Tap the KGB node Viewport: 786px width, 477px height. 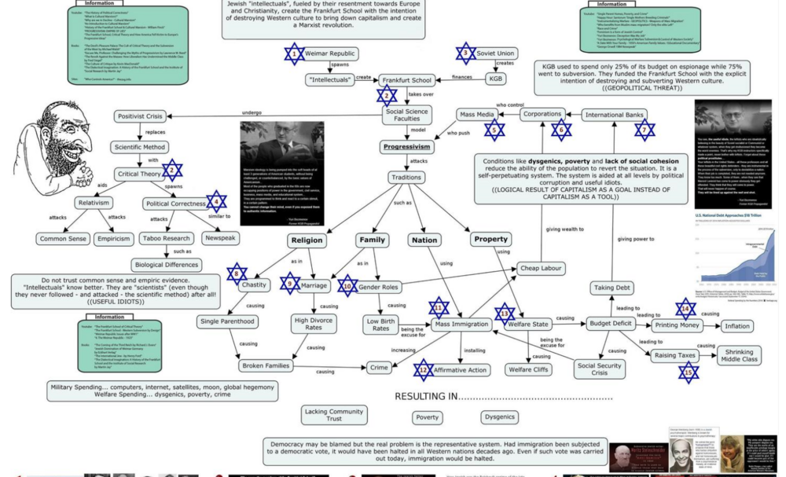[496, 79]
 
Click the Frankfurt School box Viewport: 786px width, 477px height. [407, 80]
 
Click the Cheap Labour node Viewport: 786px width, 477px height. [542, 268]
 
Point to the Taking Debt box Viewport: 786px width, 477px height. [614, 288]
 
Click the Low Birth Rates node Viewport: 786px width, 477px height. [380, 325]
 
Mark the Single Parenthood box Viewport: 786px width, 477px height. [229, 322]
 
